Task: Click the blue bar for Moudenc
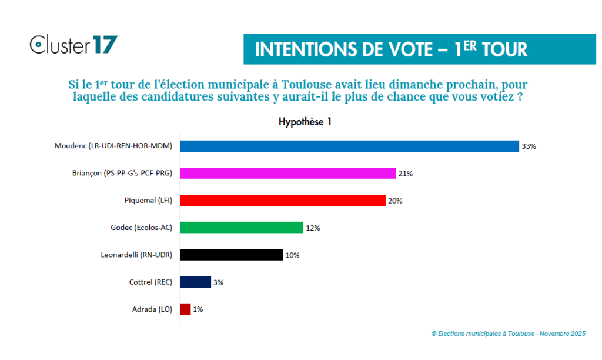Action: coord(349,146)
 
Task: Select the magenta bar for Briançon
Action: coord(287,174)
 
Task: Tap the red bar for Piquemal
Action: coord(282,201)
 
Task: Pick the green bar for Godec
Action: coord(241,228)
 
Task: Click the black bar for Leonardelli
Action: coord(231,255)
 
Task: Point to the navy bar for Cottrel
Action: coord(195,282)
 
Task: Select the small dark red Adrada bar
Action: coord(185,309)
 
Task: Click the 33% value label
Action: coord(529,146)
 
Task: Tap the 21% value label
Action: coord(406,174)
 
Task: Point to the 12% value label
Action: coord(313,228)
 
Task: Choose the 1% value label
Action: coord(198,309)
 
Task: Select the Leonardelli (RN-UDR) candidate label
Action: coord(136,255)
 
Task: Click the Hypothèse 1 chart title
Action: coord(306,122)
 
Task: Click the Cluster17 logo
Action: coord(74,45)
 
